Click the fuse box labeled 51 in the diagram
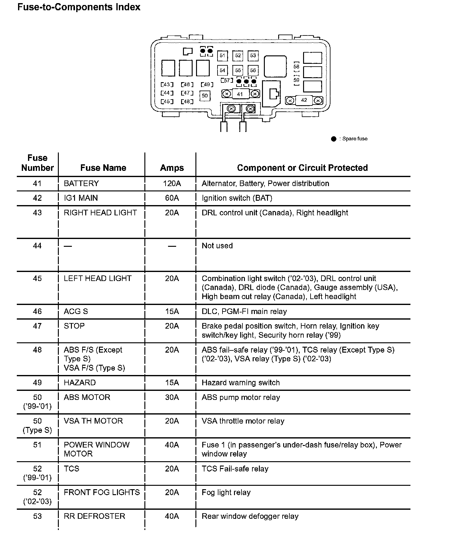(222, 56)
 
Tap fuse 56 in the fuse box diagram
(253, 70)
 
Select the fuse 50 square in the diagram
(205, 96)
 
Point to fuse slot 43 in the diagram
(167, 85)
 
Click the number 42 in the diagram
(304, 100)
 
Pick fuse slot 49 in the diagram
(207, 85)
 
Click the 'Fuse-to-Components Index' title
(79, 7)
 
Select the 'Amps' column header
(172, 168)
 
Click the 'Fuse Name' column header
(103, 168)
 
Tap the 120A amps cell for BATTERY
(172, 184)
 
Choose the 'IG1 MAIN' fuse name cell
(81, 198)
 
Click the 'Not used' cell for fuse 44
(217, 246)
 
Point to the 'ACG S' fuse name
(76, 312)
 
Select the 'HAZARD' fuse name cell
(80, 383)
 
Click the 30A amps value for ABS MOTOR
(172, 397)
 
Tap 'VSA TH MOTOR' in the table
(93, 421)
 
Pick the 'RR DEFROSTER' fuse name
(95, 516)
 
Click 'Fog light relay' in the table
(226, 493)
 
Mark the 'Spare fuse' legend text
(355, 139)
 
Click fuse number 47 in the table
(37, 326)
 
